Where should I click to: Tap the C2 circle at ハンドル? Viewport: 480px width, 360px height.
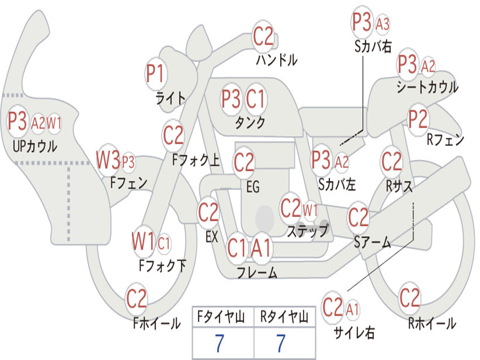(x=263, y=36)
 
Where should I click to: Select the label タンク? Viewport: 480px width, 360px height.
(x=250, y=122)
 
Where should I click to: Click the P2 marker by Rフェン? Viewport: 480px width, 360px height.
(x=418, y=119)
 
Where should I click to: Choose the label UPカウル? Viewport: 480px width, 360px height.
(x=35, y=146)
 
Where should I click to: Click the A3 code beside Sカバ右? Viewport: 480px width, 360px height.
(x=382, y=24)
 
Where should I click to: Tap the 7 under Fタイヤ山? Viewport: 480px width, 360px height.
(x=220, y=343)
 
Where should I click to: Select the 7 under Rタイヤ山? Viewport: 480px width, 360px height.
(x=281, y=343)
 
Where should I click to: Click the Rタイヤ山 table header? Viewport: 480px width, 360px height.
(x=285, y=316)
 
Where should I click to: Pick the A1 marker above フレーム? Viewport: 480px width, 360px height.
(x=261, y=248)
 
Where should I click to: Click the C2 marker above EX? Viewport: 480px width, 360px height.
(x=209, y=212)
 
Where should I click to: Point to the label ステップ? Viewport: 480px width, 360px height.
(x=307, y=231)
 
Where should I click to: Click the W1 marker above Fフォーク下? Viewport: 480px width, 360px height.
(x=143, y=241)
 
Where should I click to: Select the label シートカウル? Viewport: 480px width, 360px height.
(x=427, y=87)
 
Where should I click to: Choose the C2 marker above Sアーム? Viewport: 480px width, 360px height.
(x=358, y=217)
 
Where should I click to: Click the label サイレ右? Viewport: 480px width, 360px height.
(x=354, y=332)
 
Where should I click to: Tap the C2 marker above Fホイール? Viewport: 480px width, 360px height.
(x=136, y=299)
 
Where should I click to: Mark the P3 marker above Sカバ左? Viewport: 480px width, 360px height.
(x=321, y=160)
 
